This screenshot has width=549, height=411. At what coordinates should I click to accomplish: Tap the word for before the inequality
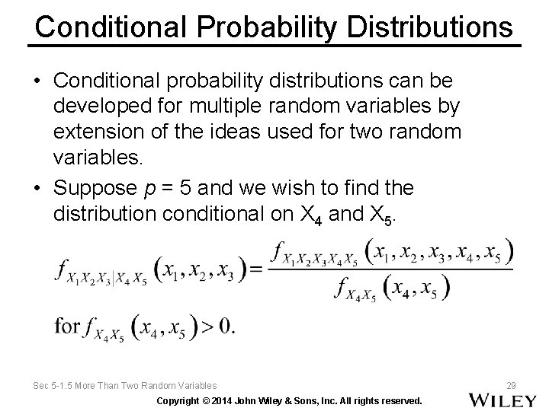[x=67, y=327]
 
